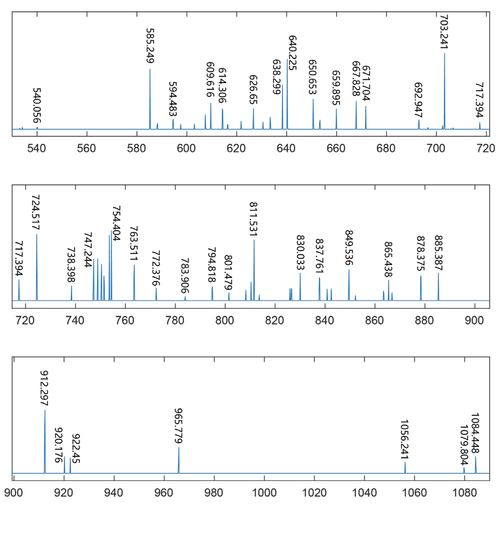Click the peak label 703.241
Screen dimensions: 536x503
tap(444, 31)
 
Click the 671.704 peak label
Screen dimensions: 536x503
tap(365, 83)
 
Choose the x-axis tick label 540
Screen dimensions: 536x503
tap(37, 148)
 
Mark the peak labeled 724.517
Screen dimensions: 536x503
tap(37, 267)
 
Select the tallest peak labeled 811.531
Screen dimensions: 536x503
tap(254, 269)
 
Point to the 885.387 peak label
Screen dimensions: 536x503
tap(438, 253)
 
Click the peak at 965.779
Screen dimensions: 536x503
tap(178, 460)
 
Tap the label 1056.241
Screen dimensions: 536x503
tap(404, 439)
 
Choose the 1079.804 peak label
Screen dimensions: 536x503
tap(464, 444)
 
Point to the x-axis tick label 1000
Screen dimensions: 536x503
tap(264, 493)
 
